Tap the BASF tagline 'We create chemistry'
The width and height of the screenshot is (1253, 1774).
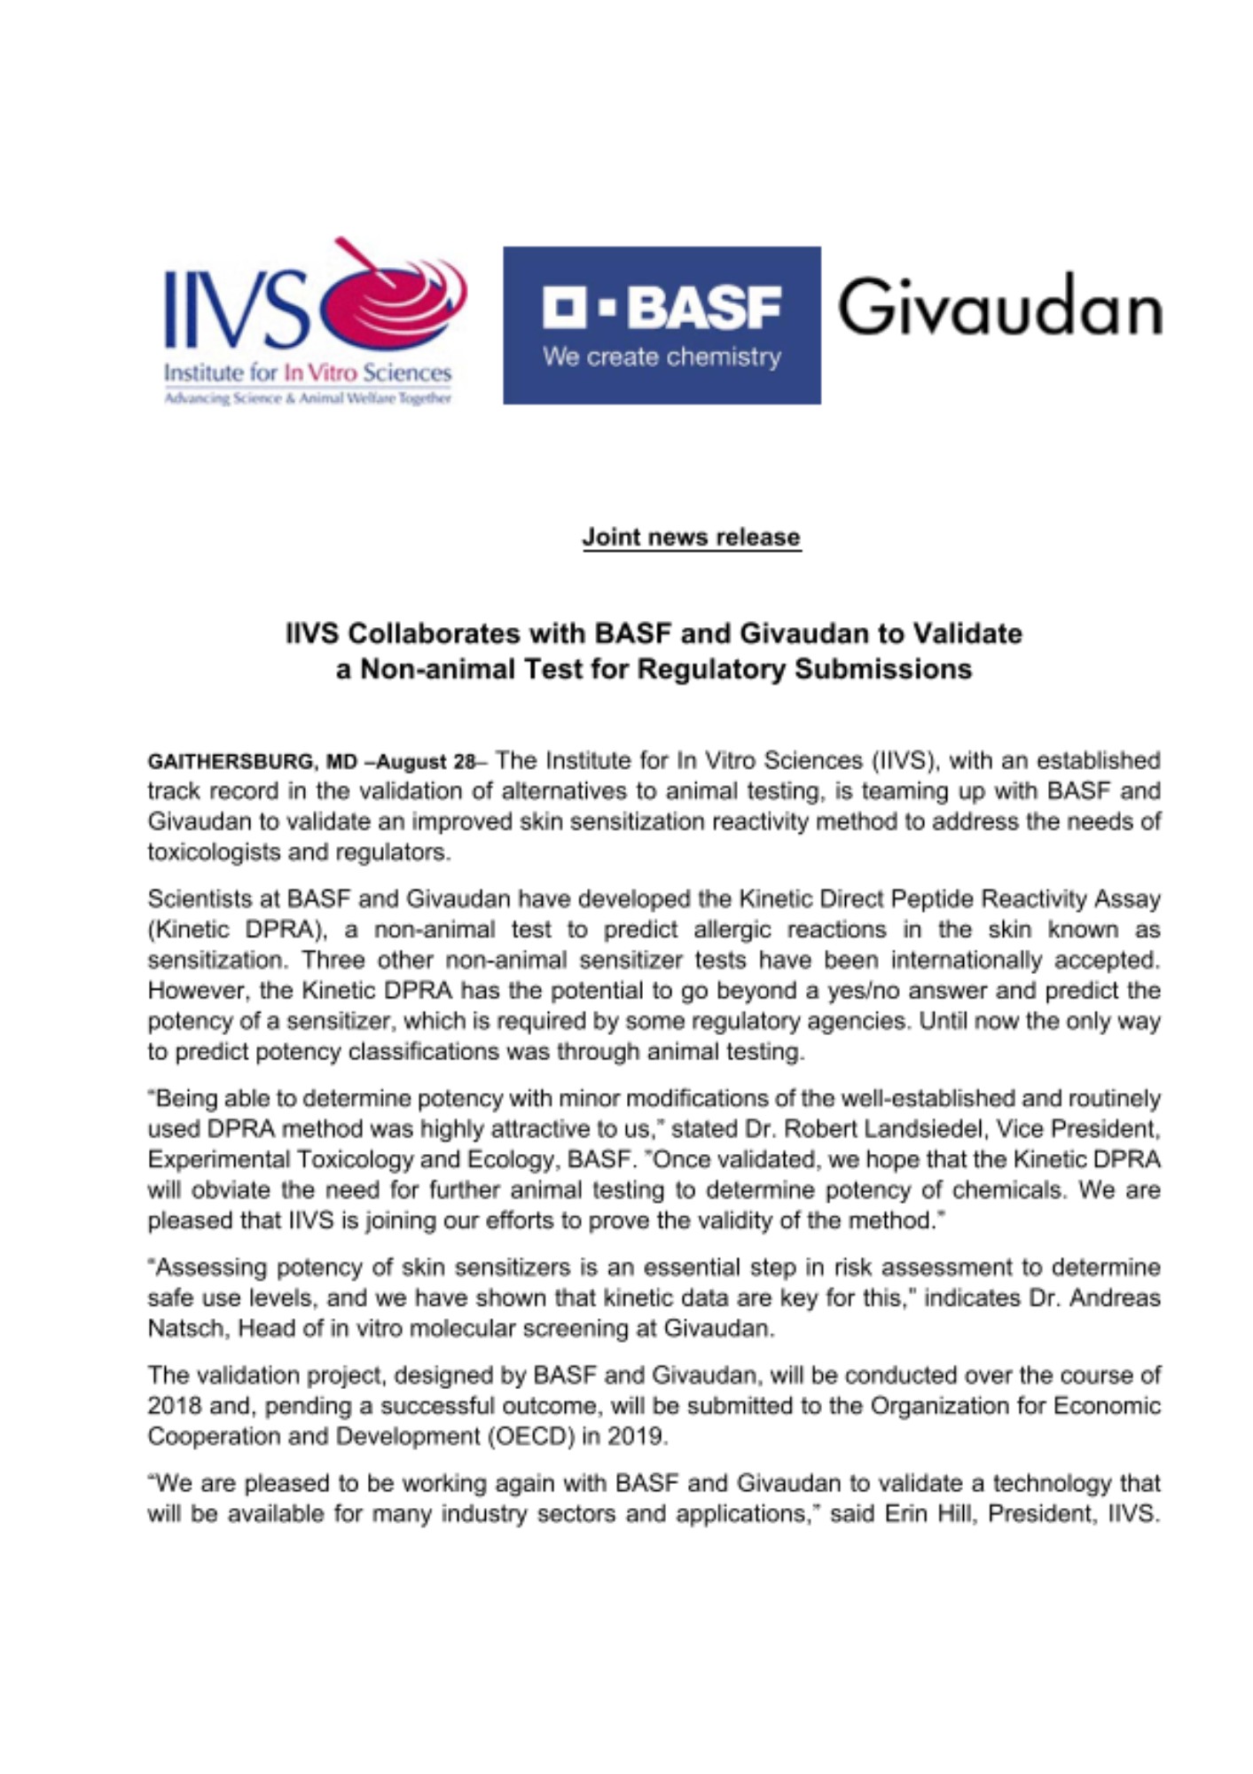point(662,357)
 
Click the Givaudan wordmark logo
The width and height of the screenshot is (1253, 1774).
point(999,305)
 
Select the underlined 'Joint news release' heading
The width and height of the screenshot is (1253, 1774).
point(692,537)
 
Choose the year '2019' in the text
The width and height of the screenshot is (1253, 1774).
point(636,1436)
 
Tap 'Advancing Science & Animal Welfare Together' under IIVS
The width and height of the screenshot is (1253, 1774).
point(308,398)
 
